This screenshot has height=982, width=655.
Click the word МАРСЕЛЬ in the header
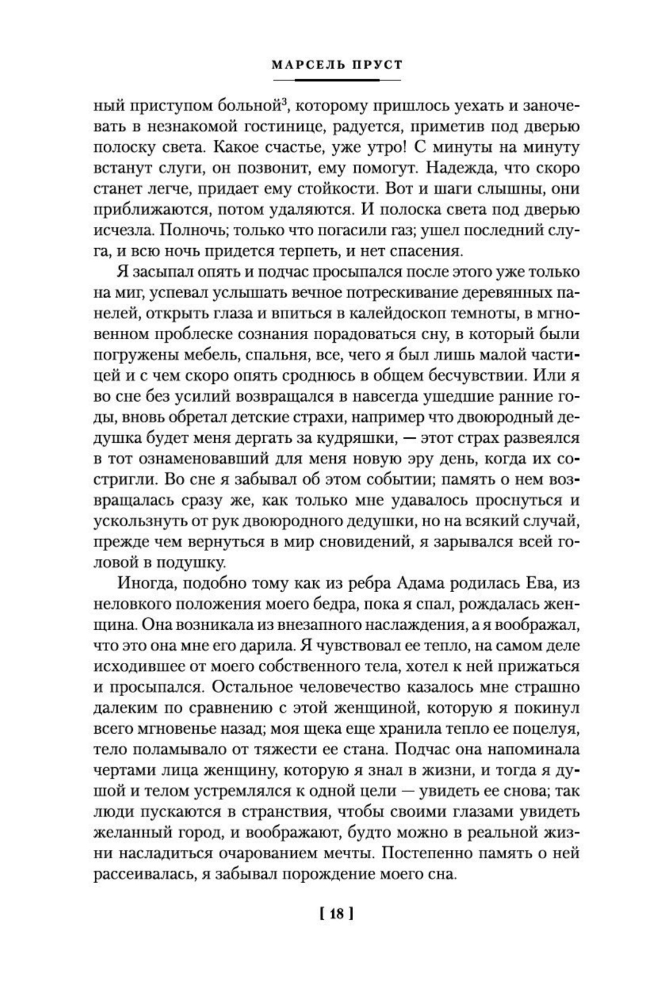(307, 65)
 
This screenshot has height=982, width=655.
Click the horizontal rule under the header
(337, 80)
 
